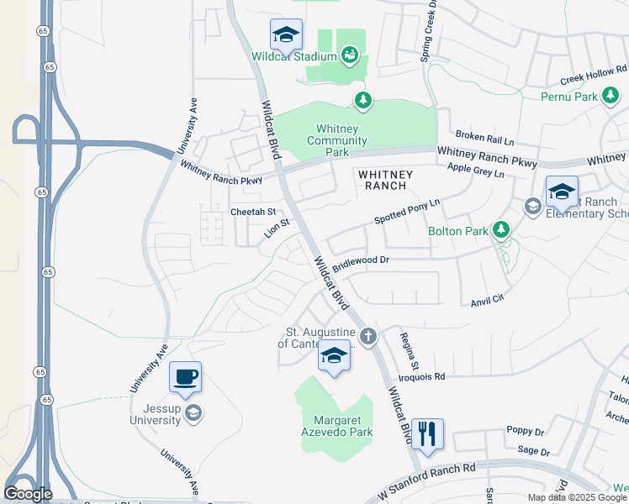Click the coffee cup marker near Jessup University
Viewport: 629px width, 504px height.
[x=185, y=377]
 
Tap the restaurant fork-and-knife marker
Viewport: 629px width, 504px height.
[x=427, y=434]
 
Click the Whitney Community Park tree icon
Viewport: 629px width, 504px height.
[x=362, y=101]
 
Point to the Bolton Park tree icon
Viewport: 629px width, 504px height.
[x=501, y=228]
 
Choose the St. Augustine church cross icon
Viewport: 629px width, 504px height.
[x=368, y=337]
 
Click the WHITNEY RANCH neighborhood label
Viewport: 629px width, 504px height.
[x=386, y=180]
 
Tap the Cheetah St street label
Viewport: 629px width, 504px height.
[x=253, y=213]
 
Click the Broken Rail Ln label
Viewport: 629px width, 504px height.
[x=484, y=135]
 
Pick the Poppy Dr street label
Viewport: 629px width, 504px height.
[x=526, y=430]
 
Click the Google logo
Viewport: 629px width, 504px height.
[x=28, y=494]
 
